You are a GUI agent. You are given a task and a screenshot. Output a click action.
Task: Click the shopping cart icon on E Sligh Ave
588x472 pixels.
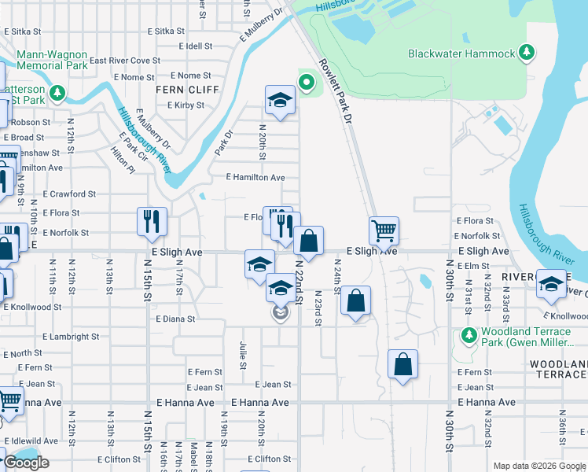pyautogui.click(x=384, y=230)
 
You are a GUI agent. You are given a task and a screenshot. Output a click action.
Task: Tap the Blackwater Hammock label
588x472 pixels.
pyautogui.click(x=461, y=54)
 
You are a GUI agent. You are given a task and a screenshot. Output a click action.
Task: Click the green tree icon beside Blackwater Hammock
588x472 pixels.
pyautogui.click(x=527, y=53)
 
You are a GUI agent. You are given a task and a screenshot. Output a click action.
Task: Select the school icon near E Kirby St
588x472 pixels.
pyautogui.click(x=279, y=99)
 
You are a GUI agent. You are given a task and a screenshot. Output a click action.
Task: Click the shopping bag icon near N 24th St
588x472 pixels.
pyautogui.click(x=356, y=300)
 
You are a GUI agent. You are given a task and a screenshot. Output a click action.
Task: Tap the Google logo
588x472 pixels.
pyautogui.click(x=26, y=463)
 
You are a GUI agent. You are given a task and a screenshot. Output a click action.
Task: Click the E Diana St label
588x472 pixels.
pyautogui.click(x=175, y=319)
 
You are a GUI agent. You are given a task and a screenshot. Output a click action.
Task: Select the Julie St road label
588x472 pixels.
pyautogui.click(x=242, y=355)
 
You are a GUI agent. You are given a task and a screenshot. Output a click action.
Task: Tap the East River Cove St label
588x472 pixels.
pyautogui.click(x=124, y=60)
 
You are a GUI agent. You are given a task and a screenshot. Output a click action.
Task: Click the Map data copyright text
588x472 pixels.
pyautogui.click(x=538, y=466)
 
